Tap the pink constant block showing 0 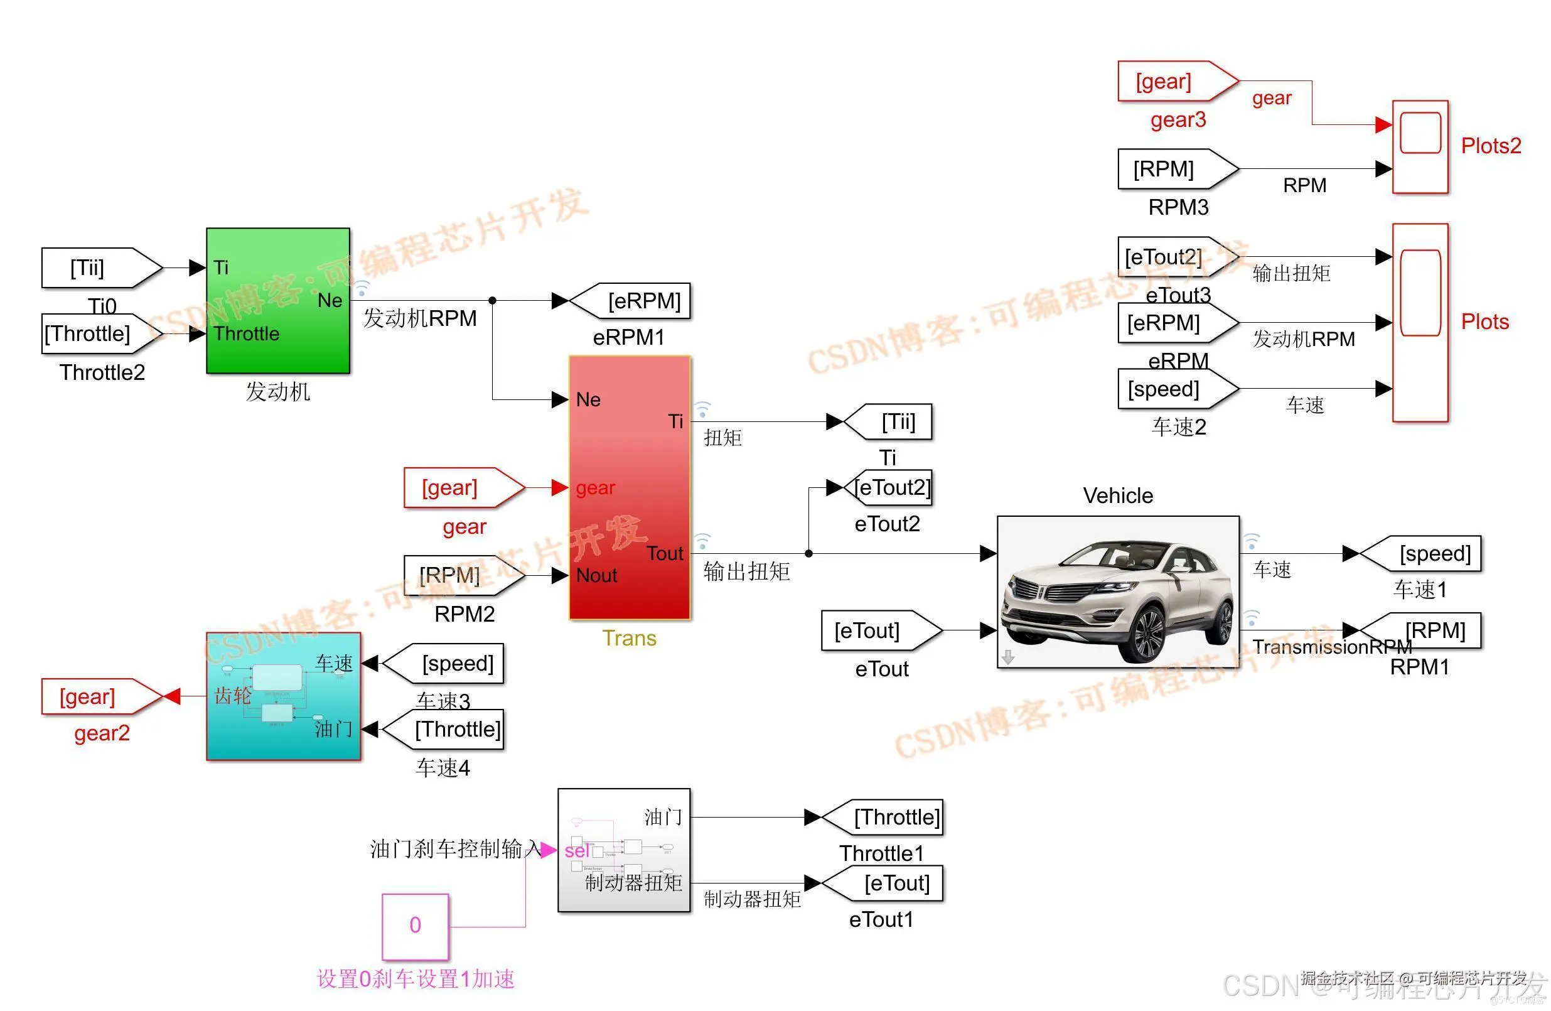click(415, 926)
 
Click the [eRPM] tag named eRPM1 click(635, 301)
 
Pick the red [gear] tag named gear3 click(1171, 82)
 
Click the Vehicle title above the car click(1118, 495)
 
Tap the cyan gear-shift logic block click(284, 696)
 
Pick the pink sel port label click(576, 851)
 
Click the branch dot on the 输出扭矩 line click(808, 553)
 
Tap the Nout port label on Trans click(596, 575)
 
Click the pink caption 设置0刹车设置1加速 click(415, 978)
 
